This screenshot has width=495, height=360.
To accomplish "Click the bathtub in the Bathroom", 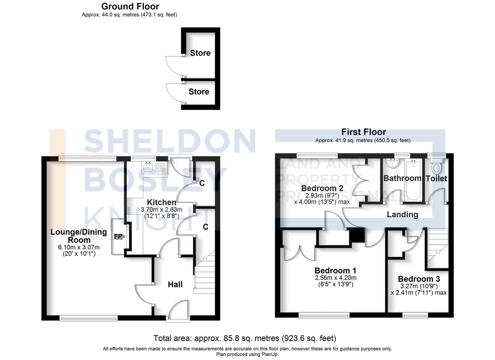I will [x=413, y=180].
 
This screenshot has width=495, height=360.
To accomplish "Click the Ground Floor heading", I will [x=130, y=6].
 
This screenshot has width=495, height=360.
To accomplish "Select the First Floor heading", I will [x=363, y=132].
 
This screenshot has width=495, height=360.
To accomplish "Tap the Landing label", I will [x=402, y=214].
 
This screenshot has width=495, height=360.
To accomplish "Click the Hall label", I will [x=175, y=284].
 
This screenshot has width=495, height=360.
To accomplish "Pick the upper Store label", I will [x=200, y=53].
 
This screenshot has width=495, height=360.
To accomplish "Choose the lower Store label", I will [x=199, y=92].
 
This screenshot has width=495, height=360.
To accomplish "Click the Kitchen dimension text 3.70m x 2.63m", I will [x=161, y=210].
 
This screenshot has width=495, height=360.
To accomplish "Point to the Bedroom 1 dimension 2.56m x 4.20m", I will [x=335, y=278].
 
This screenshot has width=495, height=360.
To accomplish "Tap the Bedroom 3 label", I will [x=419, y=279].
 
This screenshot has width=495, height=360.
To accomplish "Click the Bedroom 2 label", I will [x=322, y=188].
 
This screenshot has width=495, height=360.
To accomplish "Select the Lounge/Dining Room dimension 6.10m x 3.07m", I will [x=79, y=247].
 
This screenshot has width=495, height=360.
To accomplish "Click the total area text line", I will [x=245, y=338].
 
